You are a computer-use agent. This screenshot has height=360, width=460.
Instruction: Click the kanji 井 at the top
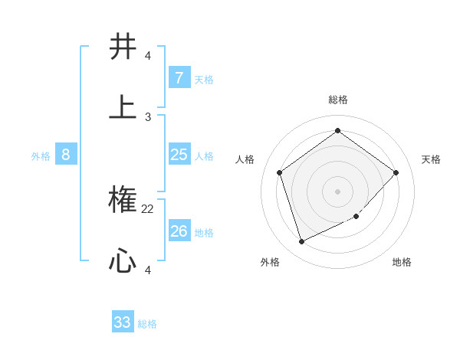click(x=123, y=47)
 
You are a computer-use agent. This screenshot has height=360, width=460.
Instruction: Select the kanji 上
click(x=123, y=108)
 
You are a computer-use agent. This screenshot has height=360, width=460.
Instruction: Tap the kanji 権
click(x=123, y=201)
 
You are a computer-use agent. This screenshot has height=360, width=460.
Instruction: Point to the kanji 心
click(x=123, y=263)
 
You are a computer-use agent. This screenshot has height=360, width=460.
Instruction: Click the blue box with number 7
click(x=179, y=78)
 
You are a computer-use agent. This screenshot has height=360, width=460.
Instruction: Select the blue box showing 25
click(x=179, y=155)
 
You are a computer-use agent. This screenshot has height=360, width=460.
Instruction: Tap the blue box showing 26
click(x=179, y=231)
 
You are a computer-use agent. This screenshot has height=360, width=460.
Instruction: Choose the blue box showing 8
click(x=66, y=155)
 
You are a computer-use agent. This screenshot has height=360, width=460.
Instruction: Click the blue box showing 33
click(x=123, y=322)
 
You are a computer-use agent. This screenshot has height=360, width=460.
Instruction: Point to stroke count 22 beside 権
click(x=148, y=208)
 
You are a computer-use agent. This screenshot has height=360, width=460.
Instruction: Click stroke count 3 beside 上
click(x=148, y=116)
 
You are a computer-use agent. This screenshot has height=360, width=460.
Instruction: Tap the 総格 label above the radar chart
click(x=338, y=100)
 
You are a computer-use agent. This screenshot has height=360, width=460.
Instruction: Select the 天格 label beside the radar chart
click(x=431, y=159)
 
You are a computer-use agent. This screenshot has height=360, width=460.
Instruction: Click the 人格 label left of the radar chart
click(x=245, y=159)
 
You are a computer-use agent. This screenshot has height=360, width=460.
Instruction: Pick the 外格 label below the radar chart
click(x=270, y=263)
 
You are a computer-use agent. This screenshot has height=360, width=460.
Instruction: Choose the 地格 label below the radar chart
click(x=402, y=263)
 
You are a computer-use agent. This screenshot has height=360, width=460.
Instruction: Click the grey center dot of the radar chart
click(x=337, y=191)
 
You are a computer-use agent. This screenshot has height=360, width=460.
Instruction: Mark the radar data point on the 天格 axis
click(x=396, y=172)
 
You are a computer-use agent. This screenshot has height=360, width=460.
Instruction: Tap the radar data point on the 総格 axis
click(x=337, y=131)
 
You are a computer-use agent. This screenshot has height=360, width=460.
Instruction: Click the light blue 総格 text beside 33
click(x=147, y=324)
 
